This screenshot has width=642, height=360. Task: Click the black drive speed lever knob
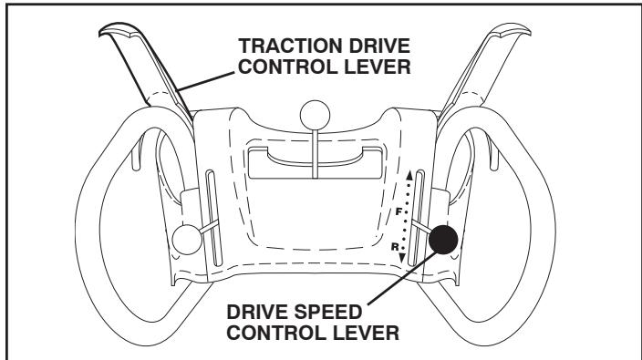(x=443, y=240)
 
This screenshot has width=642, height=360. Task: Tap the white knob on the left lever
(x=186, y=239)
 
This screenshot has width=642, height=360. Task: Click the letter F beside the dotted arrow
(x=398, y=211)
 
